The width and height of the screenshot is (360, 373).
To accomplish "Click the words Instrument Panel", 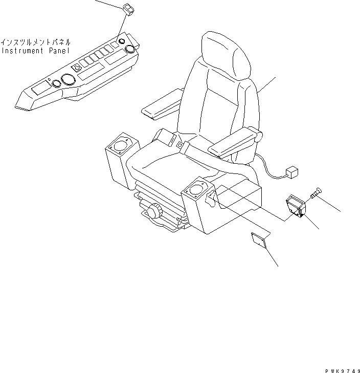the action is click(36, 51).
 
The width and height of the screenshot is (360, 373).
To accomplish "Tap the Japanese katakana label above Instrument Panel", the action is click(36, 42).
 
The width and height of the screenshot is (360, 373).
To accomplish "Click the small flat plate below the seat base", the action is click(259, 238).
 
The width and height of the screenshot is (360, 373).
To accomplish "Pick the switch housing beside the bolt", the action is click(297, 207).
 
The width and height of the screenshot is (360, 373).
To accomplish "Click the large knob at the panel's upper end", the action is click(129, 50).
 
